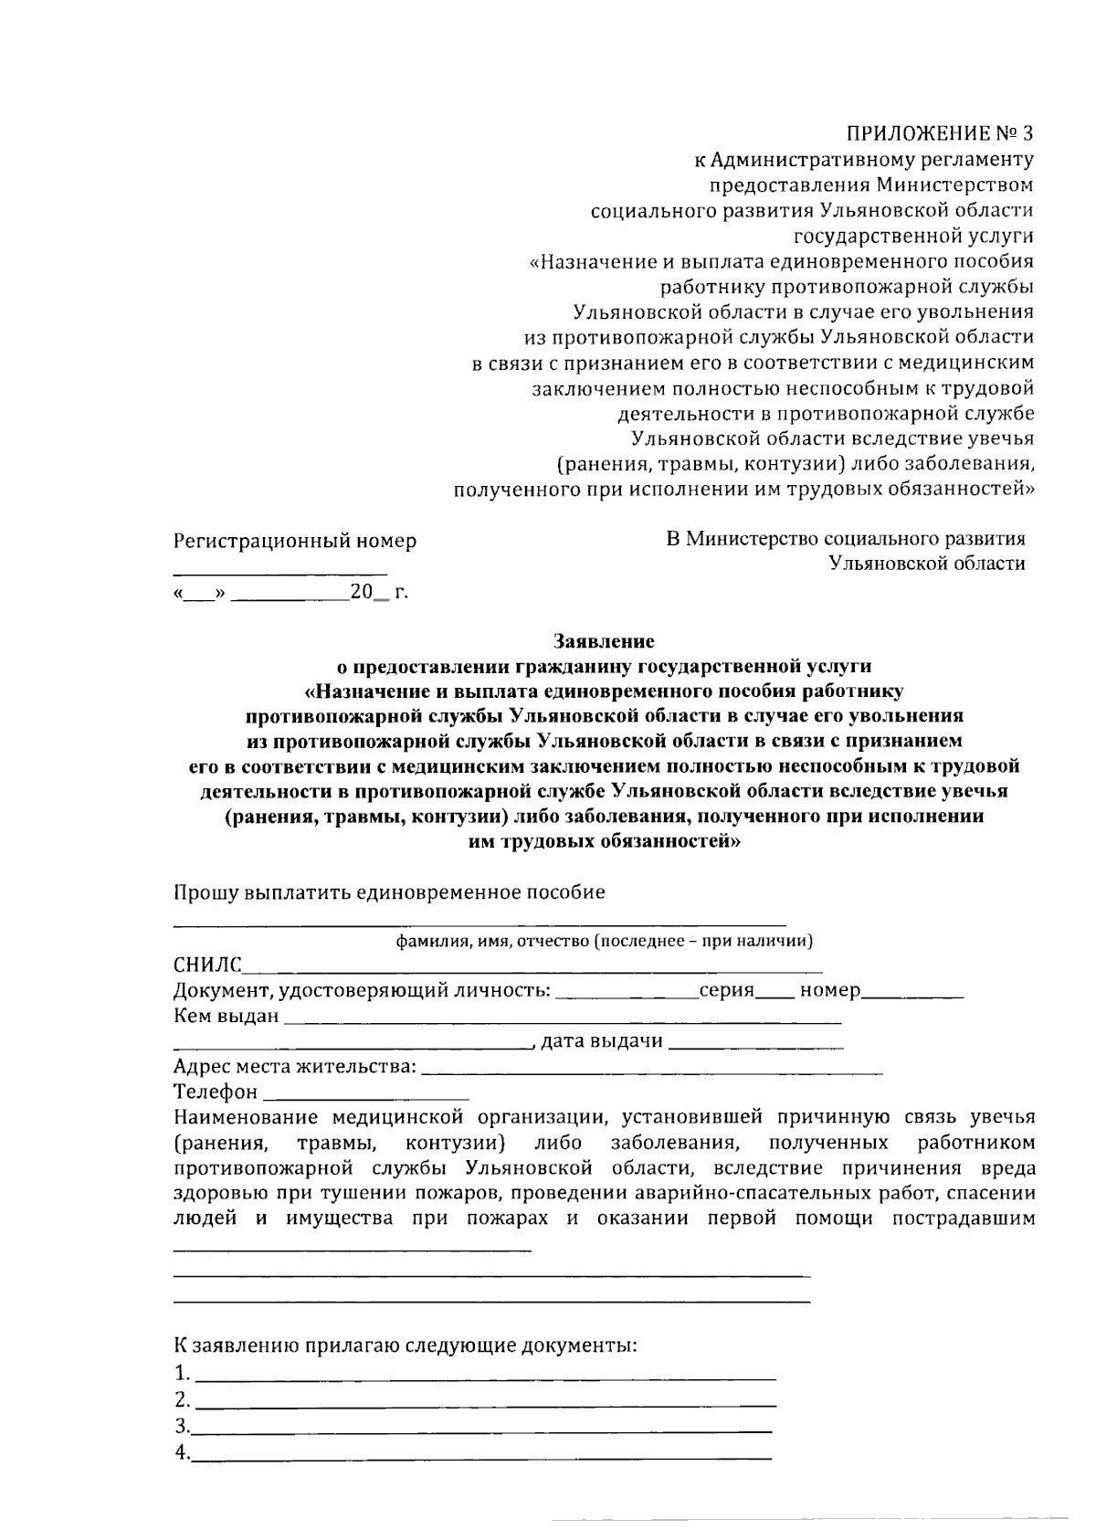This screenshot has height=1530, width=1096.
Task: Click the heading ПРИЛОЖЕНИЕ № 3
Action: pos(940,133)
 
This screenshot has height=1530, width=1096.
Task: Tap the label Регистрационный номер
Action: pos(295,541)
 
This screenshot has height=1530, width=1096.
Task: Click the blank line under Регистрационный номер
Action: pos(279,573)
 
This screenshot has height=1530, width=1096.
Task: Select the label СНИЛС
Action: pos(207,965)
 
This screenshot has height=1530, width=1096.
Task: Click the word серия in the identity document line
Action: pos(726,990)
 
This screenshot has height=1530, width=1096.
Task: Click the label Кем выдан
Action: pos(226,1016)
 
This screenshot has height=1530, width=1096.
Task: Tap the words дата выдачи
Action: pos(602,1041)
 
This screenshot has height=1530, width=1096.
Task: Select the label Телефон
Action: pos(216,1092)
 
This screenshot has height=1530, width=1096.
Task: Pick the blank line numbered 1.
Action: pos(486,1377)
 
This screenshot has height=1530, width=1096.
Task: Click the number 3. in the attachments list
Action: pos(182,1427)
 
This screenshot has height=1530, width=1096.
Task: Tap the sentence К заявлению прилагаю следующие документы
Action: pos(406,1345)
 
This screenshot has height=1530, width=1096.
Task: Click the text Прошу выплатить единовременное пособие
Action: pos(389,892)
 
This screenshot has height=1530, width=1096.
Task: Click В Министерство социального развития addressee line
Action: pos(845,539)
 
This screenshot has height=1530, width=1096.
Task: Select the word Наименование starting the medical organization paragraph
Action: pos(246,1117)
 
